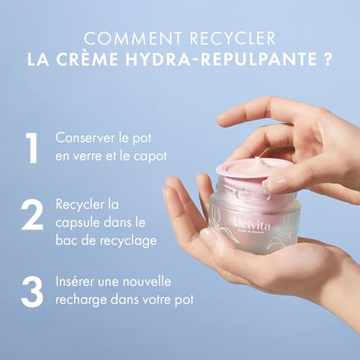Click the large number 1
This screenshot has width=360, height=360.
(31, 148)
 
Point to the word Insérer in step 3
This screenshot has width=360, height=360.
(76, 280)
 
